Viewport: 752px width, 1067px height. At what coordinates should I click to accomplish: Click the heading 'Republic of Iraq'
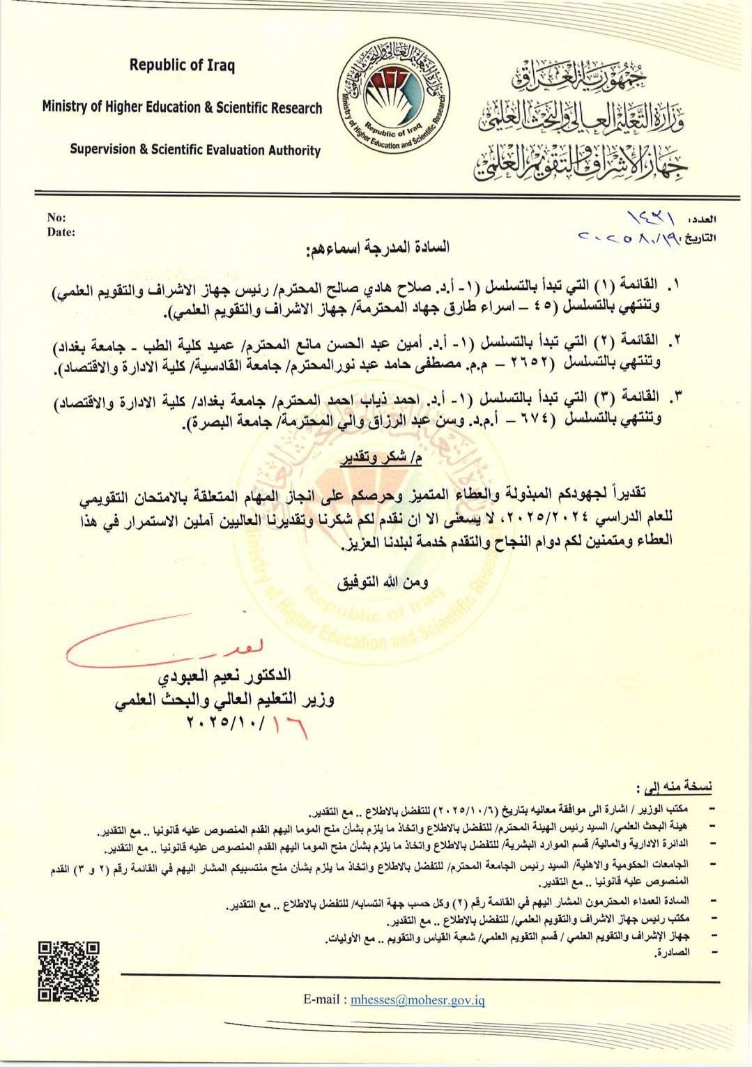click(x=183, y=66)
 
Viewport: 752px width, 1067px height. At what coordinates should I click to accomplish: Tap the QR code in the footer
click(x=68, y=971)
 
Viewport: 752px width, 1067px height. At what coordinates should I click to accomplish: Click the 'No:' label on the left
click(x=55, y=217)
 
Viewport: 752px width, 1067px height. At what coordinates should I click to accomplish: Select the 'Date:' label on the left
click(x=61, y=232)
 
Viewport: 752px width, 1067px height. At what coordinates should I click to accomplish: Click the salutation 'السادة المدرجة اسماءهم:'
click(x=377, y=248)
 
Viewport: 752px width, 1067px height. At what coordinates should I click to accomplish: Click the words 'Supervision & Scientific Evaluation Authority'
click(x=196, y=150)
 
